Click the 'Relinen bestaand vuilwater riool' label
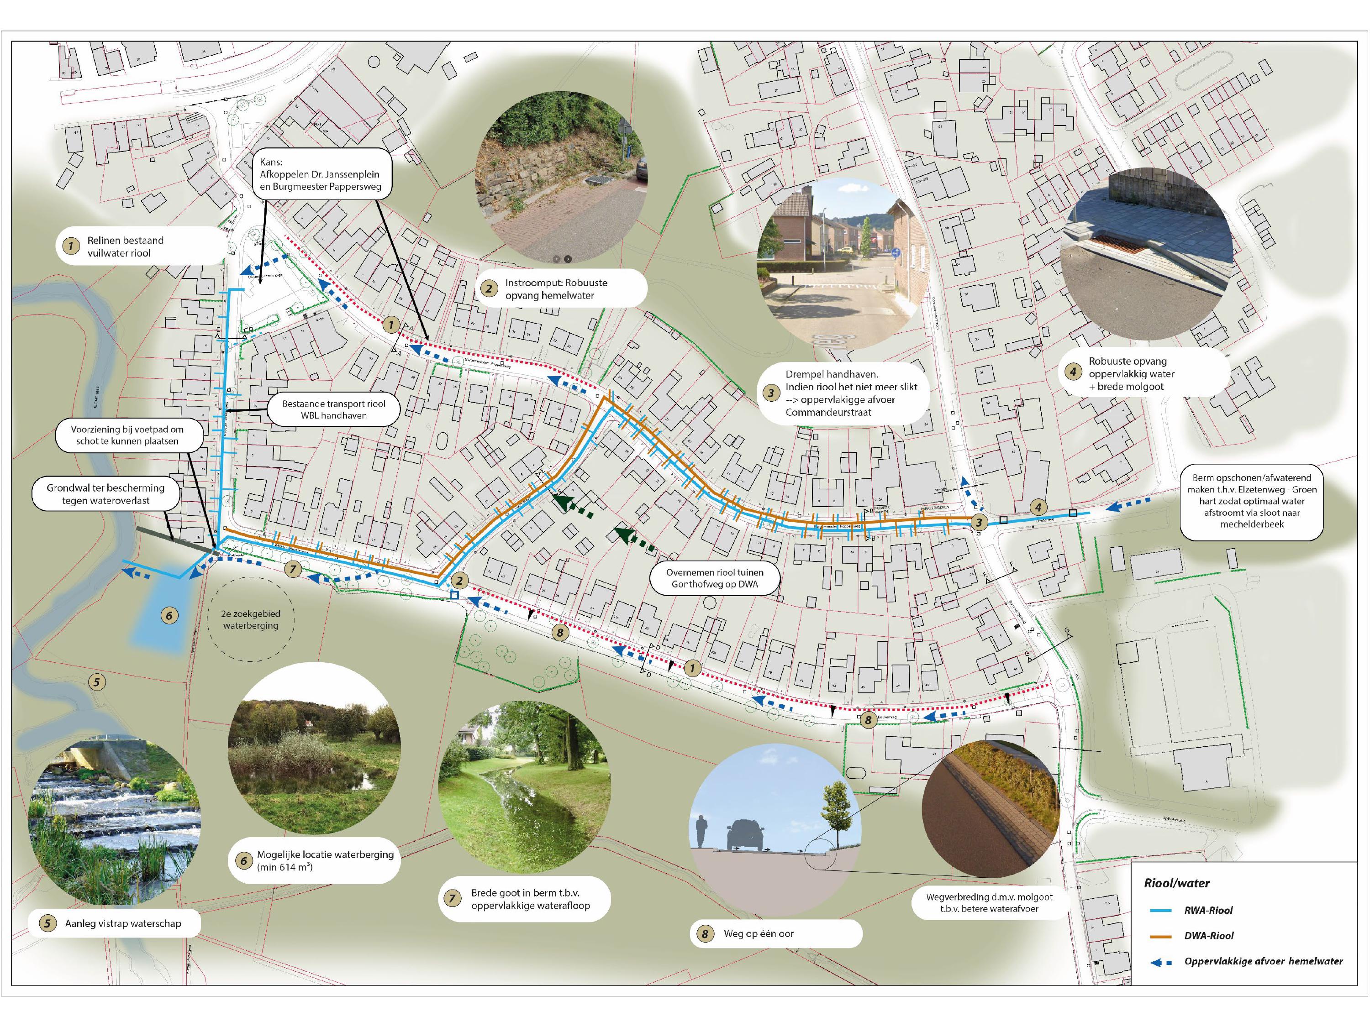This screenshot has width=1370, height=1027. click(x=126, y=246)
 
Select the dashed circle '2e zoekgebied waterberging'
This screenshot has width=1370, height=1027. click(x=250, y=620)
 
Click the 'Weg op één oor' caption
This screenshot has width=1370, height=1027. click(x=759, y=933)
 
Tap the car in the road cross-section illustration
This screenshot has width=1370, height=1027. click(x=746, y=834)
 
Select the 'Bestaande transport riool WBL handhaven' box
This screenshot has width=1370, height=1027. click(x=333, y=409)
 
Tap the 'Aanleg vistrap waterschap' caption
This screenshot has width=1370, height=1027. click(x=123, y=924)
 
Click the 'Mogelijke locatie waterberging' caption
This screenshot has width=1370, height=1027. click(x=325, y=860)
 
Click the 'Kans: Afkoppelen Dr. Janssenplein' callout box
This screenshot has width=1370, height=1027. click(x=320, y=174)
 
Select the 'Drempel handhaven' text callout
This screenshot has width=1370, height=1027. click(x=851, y=393)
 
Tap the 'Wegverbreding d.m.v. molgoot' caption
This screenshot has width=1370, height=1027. click(x=989, y=902)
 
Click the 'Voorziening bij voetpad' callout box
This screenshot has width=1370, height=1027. click(x=127, y=435)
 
